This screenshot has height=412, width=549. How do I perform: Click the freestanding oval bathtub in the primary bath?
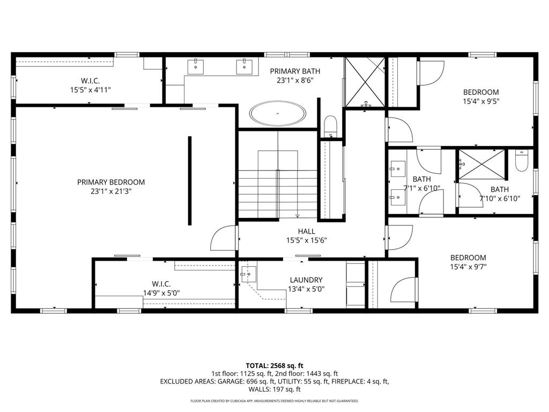(x=278, y=113)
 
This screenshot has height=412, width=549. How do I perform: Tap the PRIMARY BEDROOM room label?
(x=111, y=182)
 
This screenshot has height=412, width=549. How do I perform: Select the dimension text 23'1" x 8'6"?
(x=295, y=80)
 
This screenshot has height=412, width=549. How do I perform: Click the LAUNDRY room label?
(x=306, y=280)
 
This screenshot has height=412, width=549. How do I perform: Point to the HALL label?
(x=306, y=231)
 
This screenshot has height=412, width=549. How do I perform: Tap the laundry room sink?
(x=249, y=274)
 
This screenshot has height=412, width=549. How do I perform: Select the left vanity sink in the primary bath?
(x=196, y=67)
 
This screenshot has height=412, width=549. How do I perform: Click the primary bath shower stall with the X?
(x=365, y=82)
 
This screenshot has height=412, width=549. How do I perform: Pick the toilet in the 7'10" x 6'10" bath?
(x=521, y=161)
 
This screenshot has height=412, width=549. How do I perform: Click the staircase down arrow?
(x=297, y=215)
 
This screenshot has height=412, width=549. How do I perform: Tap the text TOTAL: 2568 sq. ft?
(x=274, y=366)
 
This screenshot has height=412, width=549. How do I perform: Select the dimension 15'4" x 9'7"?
(x=468, y=267)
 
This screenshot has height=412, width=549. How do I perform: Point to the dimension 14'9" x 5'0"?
(x=161, y=293)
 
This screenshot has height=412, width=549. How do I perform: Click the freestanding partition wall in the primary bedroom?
(x=190, y=180)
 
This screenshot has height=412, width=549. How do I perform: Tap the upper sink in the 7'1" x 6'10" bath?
(x=397, y=168)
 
